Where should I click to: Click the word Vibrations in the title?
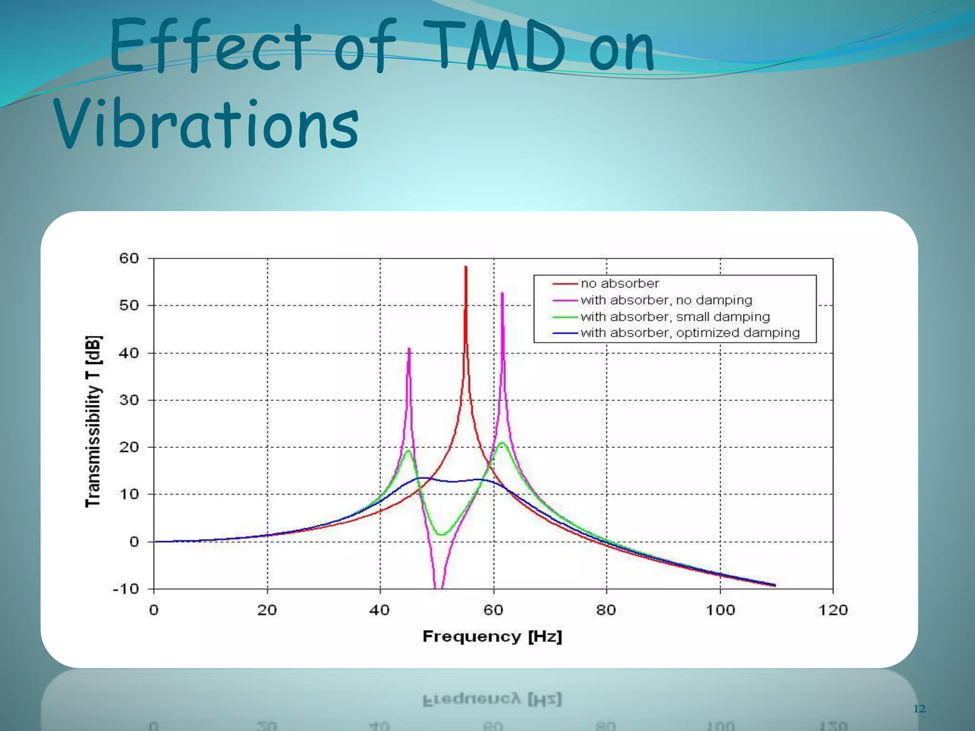point(206,125)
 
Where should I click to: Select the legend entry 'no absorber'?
point(619,284)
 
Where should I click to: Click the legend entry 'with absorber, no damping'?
point(666,300)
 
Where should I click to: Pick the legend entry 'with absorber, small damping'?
point(675,317)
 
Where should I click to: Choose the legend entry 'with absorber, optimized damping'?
point(690,333)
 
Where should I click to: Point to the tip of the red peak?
point(466,267)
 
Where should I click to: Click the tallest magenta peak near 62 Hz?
point(502,294)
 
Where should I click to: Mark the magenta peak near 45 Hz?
point(409,349)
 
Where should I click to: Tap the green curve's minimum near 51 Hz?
point(442,534)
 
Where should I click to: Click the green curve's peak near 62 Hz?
point(502,443)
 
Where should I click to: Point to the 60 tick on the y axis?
point(129,258)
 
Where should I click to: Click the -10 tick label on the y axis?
point(125,589)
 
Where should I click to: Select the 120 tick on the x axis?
point(833,610)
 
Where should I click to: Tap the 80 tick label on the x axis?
point(606,610)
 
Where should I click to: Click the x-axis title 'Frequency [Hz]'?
point(492,636)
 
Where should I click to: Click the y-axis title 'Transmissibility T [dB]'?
point(93,421)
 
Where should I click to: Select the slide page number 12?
point(919,709)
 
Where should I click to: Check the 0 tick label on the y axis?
point(134,542)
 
